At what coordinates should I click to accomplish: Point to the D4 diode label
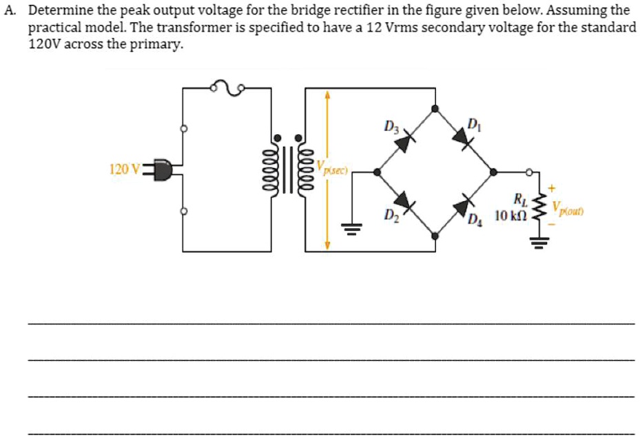(x=474, y=220)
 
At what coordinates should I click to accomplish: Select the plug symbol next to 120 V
(x=160, y=169)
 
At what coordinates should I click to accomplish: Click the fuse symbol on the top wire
(x=227, y=87)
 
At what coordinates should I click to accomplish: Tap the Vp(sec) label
(x=335, y=168)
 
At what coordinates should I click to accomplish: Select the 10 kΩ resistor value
(x=511, y=216)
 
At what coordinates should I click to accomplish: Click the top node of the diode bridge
(x=434, y=108)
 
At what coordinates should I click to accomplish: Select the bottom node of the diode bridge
(x=434, y=236)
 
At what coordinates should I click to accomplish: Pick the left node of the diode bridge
(x=376, y=172)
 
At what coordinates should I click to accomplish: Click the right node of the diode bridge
(x=492, y=172)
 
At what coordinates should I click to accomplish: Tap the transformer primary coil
(x=277, y=169)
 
